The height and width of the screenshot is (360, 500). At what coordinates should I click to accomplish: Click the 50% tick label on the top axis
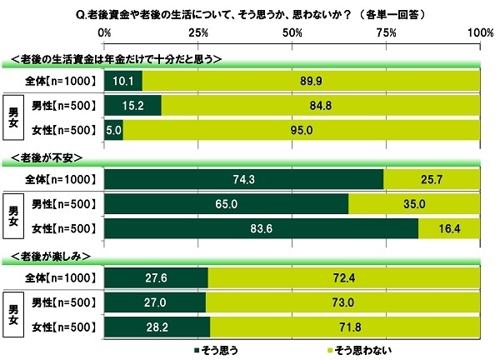292,32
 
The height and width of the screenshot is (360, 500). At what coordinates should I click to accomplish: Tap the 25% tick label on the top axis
198,32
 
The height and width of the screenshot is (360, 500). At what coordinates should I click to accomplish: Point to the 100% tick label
479,32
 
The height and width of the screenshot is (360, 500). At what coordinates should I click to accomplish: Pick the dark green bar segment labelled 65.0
226,203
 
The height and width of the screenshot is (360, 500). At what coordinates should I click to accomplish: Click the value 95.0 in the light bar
302,129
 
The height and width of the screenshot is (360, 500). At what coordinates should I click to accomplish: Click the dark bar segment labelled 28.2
157,326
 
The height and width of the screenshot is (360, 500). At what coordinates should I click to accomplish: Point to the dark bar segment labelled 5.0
114,129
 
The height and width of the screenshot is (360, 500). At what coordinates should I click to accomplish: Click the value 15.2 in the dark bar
132,105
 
